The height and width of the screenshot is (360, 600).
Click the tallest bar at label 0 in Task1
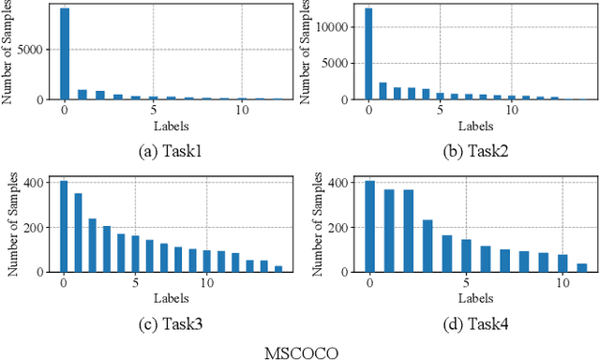[x=64, y=53]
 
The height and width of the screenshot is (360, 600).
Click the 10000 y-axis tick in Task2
[x=338, y=27]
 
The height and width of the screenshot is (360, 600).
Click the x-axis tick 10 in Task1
[x=242, y=109]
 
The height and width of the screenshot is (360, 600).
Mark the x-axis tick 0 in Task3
[x=64, y=282]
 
